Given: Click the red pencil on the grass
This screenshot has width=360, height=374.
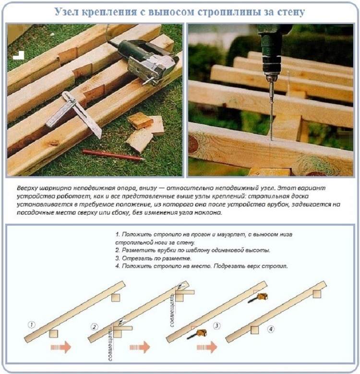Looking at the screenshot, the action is point(114,155).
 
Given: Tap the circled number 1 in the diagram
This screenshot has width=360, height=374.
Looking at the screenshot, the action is point(32,325).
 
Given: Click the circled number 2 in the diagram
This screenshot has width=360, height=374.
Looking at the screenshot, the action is point(94,327).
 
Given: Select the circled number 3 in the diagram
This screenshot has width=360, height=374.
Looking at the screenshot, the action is point(216,326).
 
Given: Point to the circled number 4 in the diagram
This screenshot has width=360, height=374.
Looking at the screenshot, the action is point(271,329).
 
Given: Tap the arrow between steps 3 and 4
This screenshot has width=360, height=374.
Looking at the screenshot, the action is point(207,347).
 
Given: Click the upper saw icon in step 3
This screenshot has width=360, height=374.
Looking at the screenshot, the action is point(258,298).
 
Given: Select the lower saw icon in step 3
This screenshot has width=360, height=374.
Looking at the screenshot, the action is point(197,334).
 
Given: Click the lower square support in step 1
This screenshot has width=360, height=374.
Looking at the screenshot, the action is point(53,334).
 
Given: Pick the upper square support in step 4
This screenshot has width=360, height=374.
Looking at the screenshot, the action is point(317,294).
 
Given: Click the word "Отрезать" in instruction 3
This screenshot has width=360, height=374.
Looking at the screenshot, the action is point(133,258).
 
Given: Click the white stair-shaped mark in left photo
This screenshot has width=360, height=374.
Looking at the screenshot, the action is point(19,56).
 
